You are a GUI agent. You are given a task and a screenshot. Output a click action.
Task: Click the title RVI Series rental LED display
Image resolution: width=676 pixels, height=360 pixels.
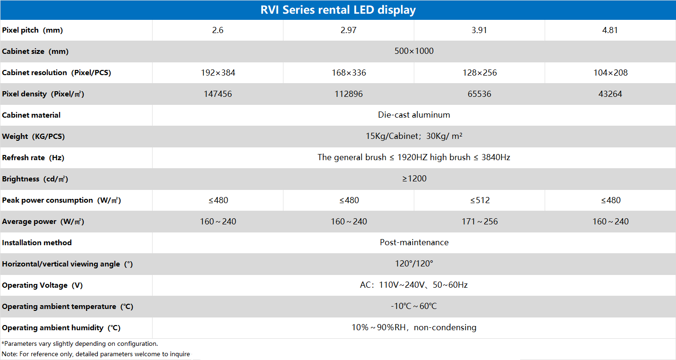[x=338, y=10]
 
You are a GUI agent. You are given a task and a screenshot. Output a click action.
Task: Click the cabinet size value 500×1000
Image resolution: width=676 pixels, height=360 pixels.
[x=414, y=51]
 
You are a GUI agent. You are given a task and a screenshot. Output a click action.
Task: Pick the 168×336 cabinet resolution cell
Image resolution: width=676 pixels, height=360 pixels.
[x=349, y=73]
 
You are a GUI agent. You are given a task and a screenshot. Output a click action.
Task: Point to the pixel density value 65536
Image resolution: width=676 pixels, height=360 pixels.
[x=479, y=94]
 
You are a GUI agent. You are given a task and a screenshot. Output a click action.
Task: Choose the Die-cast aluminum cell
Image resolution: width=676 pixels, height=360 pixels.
[x=414, y=115]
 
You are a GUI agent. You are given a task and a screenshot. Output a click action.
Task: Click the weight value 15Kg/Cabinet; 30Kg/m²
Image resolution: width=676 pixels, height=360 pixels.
[x=414, y=137]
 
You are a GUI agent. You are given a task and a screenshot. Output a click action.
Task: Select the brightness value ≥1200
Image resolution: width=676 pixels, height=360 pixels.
[x=414, y=179]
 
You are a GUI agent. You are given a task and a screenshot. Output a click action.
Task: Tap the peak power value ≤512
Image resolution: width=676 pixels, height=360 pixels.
[x=479, y=200]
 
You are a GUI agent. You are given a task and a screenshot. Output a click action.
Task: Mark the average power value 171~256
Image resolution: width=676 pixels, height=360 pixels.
[x=479, y=222]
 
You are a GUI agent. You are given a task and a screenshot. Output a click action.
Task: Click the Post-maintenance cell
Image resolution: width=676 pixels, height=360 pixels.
[x=414, y=242]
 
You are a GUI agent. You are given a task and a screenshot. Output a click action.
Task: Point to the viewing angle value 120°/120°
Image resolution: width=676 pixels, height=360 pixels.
[x=414, y=264]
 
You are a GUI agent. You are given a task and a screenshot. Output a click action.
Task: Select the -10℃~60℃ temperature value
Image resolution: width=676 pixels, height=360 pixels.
[x=414, y=306]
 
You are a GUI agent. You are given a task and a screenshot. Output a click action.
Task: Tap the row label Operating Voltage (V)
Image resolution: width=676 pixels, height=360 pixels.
[x=42, y=285]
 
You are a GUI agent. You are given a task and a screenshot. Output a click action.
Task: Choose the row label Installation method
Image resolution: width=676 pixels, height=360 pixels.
[x=37, y=242]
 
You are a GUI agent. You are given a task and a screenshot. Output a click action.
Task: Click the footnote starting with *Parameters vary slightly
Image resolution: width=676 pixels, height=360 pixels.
[x=80, y=344]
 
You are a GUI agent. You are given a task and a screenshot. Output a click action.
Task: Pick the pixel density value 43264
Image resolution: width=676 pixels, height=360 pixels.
[x=610, y=94]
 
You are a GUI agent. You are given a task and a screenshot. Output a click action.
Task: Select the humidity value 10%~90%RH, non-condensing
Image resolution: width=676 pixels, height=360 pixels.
[x=414, y=327]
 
